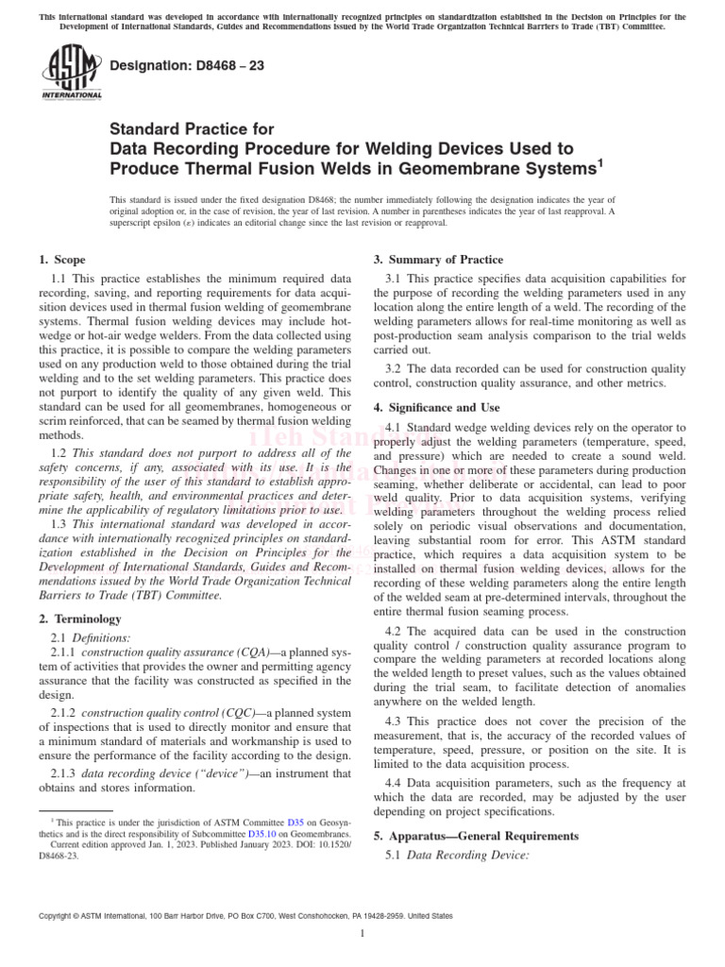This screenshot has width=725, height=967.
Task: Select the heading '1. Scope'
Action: (61, 260)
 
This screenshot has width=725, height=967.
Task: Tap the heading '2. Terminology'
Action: (82, 619)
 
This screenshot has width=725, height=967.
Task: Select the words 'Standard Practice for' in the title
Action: (193, 130)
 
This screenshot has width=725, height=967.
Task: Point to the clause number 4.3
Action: (395, 721)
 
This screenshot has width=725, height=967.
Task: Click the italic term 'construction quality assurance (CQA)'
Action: (163, 653)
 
